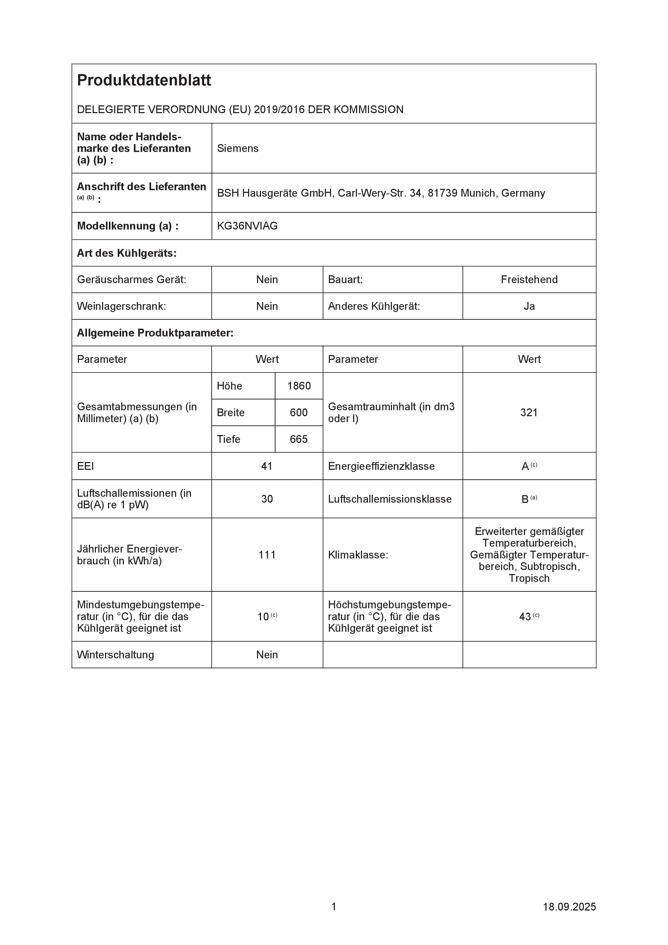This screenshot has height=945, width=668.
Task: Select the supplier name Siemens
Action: (x=238, y=149)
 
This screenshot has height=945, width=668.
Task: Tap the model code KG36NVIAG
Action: (x=247, y=226)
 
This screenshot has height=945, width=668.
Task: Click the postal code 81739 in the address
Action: (x=443, y=193)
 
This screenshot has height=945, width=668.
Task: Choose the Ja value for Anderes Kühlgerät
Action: (x=529, y=306)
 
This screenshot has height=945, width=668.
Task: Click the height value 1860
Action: (x=299, y=386)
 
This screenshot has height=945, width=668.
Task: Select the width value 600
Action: (x=298, y=412)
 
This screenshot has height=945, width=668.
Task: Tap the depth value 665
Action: (x=298, y=439)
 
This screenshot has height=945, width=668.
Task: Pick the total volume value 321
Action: (x=529, y=412)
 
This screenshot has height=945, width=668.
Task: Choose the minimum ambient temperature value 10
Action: (x=263, y=617)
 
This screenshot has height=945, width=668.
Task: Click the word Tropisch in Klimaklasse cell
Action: (x=529, y=578)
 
